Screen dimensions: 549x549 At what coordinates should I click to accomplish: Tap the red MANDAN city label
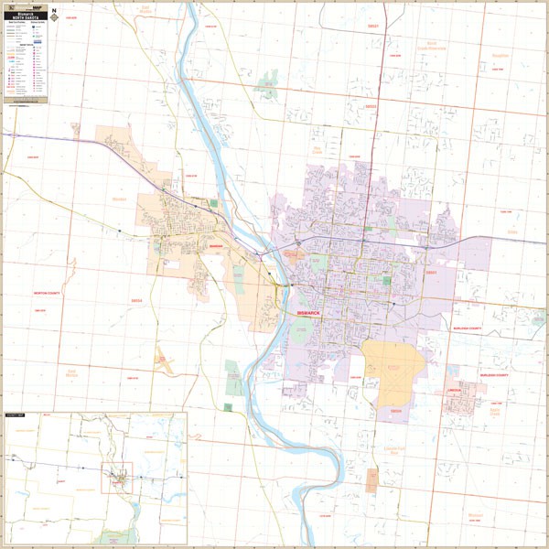tap(216, 246)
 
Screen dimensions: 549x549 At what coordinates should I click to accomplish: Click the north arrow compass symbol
tap(54, 16)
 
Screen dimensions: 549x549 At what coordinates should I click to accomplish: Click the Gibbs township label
tap(512, 231)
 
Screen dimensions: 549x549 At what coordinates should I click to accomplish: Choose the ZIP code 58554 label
tap(137, 300)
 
